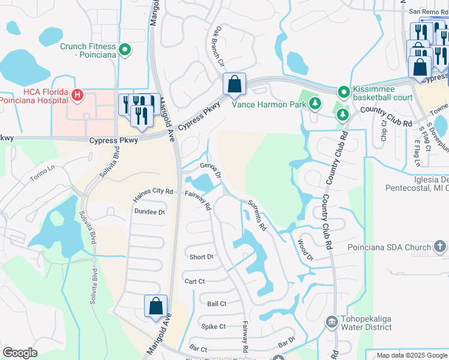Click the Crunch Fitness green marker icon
[x=125, y=49]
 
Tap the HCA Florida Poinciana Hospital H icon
[x=77, y=95]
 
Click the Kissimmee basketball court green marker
[x=343, y=92]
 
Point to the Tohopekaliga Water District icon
[x=331, y=322]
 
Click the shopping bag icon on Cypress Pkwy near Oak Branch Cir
[x=234, y=83]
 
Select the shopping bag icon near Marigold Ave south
[x=155, y=305]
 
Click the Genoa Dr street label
[x=211, y=170]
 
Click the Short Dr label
[x=201, y=257]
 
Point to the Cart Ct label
[x=195, y=281]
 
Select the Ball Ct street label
[x=216, y=304]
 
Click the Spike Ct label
[x=213, y=326]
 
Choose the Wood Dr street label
[x=306, y=249]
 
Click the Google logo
[x=20, y=352]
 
